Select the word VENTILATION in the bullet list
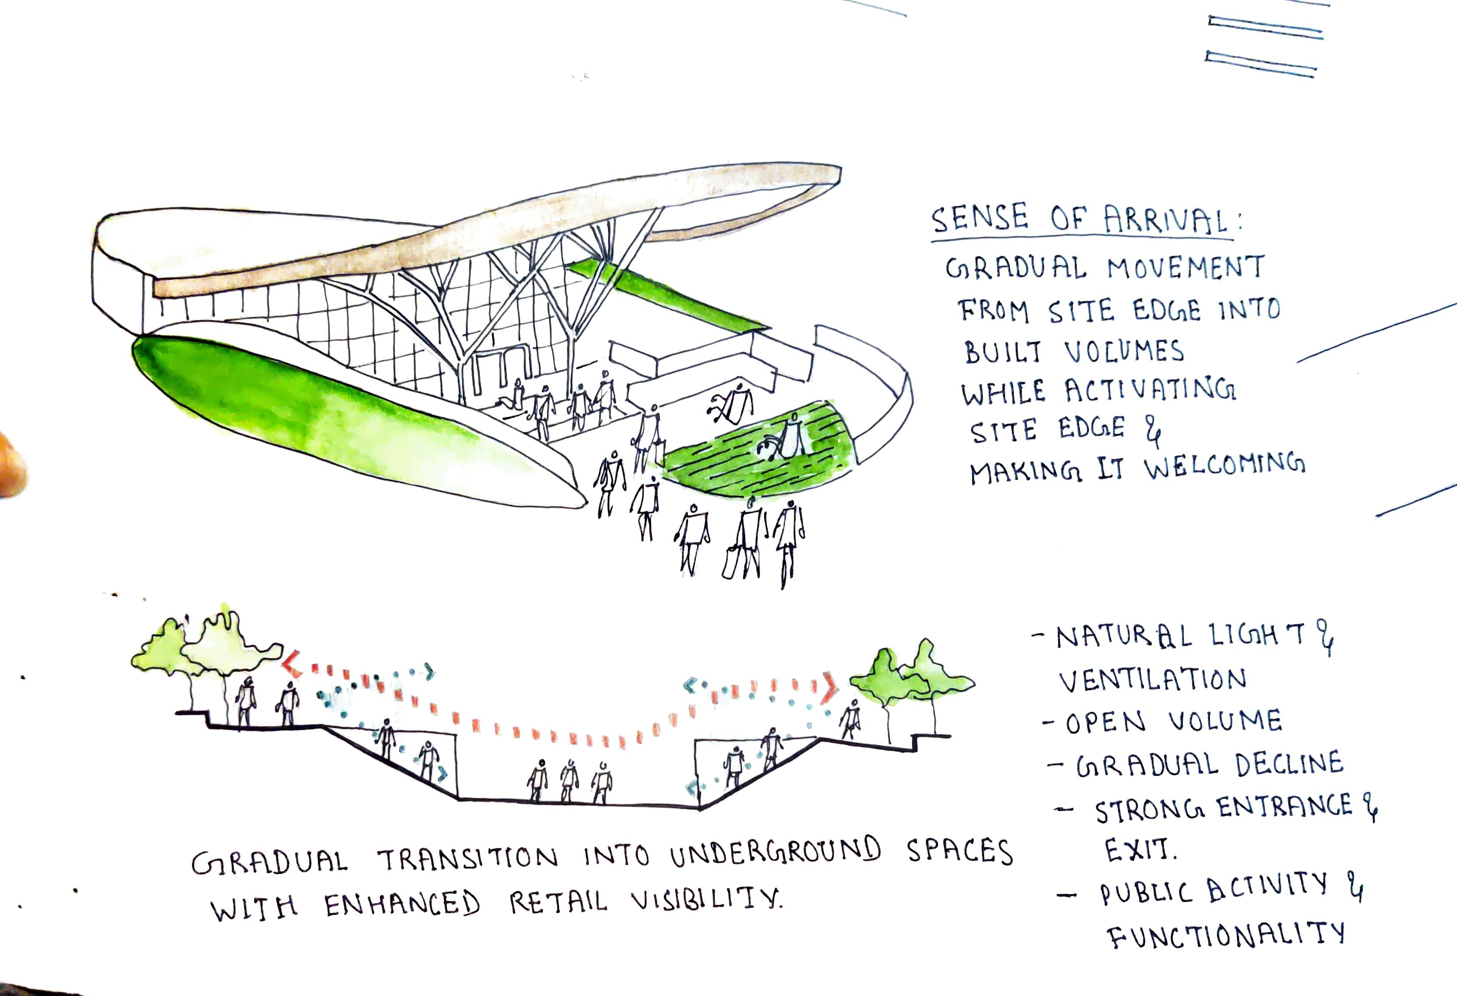coord(1152,680)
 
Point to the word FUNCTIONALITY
coord(1225,935)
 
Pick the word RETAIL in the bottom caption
coord(558,903)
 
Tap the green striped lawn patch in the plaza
coord(762,449)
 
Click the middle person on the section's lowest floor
coord(569,781)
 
